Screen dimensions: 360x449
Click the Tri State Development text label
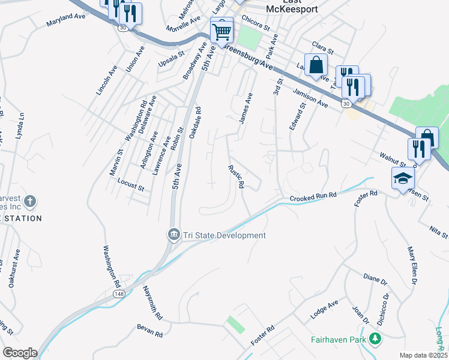coord(224,236)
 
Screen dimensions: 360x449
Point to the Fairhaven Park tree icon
coord(376,339)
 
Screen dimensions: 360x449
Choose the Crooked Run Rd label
coord(313,197)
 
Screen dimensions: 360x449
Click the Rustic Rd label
coord(236,176)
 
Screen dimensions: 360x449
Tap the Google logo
coord(20,352)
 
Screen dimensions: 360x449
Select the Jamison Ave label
coord(310,98)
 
